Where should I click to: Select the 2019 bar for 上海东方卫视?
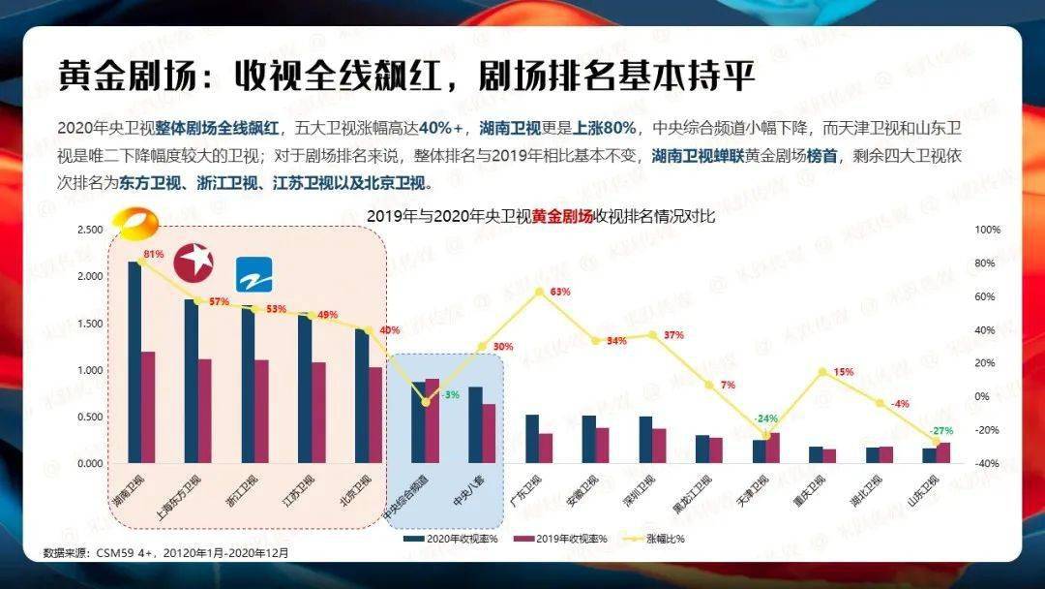[204, 412]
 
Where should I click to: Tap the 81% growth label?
[153, 255]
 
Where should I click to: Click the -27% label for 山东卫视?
[941, 430]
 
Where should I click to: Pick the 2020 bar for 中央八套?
[475, 425]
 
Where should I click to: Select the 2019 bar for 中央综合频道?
[432, 421]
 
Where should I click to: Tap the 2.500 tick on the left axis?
[89, 230]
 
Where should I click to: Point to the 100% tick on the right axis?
[987, 230]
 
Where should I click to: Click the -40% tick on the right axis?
[987, 463]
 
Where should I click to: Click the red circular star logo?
[194, 263]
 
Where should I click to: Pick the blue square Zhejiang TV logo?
[254, 274]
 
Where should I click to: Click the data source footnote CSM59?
[165, 553]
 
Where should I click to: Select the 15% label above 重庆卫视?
[844, 372]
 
